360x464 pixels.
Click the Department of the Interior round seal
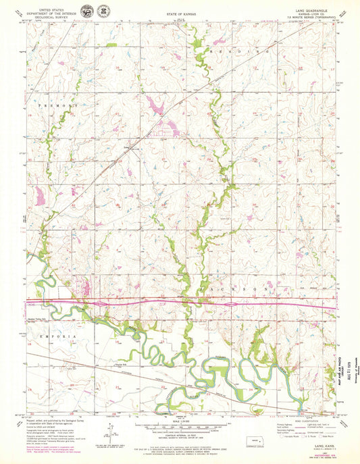click(88, 12)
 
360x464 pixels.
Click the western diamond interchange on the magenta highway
click(100, 304)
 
